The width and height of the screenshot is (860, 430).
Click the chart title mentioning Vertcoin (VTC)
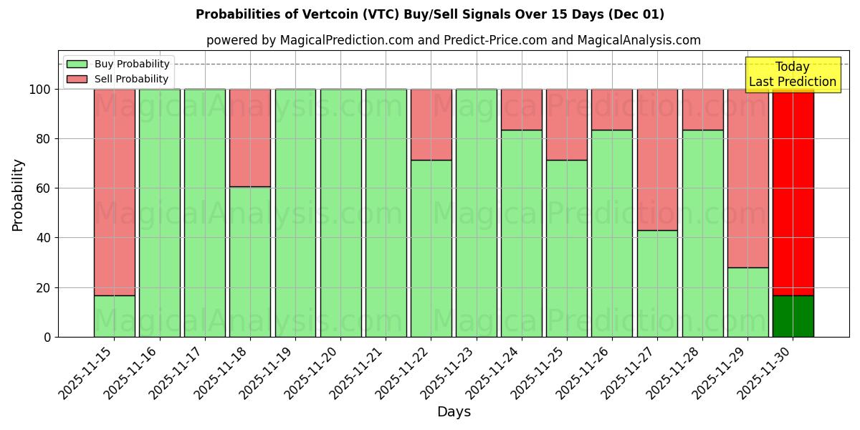429,14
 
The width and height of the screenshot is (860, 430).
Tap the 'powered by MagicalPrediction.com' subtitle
453,40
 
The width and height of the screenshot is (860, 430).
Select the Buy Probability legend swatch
77,64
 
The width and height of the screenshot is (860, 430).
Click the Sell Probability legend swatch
77,80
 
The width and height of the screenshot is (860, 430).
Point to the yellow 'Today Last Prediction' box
792,75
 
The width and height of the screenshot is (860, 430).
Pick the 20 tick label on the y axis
43,288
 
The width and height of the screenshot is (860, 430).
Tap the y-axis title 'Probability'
18,195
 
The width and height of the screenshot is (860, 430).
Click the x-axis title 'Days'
454,412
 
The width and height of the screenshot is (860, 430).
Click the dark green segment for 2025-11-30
793,316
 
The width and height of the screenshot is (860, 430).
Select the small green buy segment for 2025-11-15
114,316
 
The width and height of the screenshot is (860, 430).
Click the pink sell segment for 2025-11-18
250,138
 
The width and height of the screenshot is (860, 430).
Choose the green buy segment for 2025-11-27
657,283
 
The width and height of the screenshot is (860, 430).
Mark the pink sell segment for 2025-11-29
747,178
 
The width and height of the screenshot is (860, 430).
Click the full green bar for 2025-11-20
340,213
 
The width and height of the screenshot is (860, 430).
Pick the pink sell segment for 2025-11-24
521,110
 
